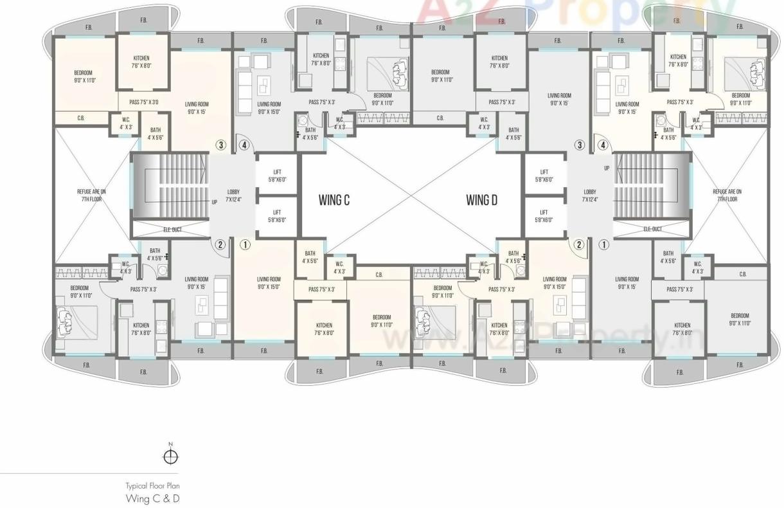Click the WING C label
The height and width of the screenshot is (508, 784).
click(x=334, y=200)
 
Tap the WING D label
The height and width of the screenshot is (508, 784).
click(x=482, y=200)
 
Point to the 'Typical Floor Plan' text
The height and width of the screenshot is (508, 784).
click(x=152, y=486)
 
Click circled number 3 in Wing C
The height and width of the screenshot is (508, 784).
click(x=221, y=145)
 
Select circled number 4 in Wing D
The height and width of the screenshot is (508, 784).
click(x=603, y=145)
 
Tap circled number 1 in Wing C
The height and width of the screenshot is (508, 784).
click(x=245, y=244)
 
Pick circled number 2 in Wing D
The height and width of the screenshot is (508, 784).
click(x=579, y=244)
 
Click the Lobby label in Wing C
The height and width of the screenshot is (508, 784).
click(x=233, y=195)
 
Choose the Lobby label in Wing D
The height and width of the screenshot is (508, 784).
click(x=590, y=195)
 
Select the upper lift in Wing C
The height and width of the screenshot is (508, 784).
click(x=277, y=176)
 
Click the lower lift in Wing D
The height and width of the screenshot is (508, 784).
click(x=544, y=215)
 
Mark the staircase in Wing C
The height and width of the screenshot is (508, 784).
click(x=170, y=186)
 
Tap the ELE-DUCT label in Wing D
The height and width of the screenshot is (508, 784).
click(x=653, y=229)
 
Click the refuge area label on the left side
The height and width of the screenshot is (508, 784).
click(x=91, y=195)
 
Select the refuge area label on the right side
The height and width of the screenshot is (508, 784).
click(x=727, y=195)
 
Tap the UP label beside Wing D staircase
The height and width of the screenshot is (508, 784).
click(x=607, y=168)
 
